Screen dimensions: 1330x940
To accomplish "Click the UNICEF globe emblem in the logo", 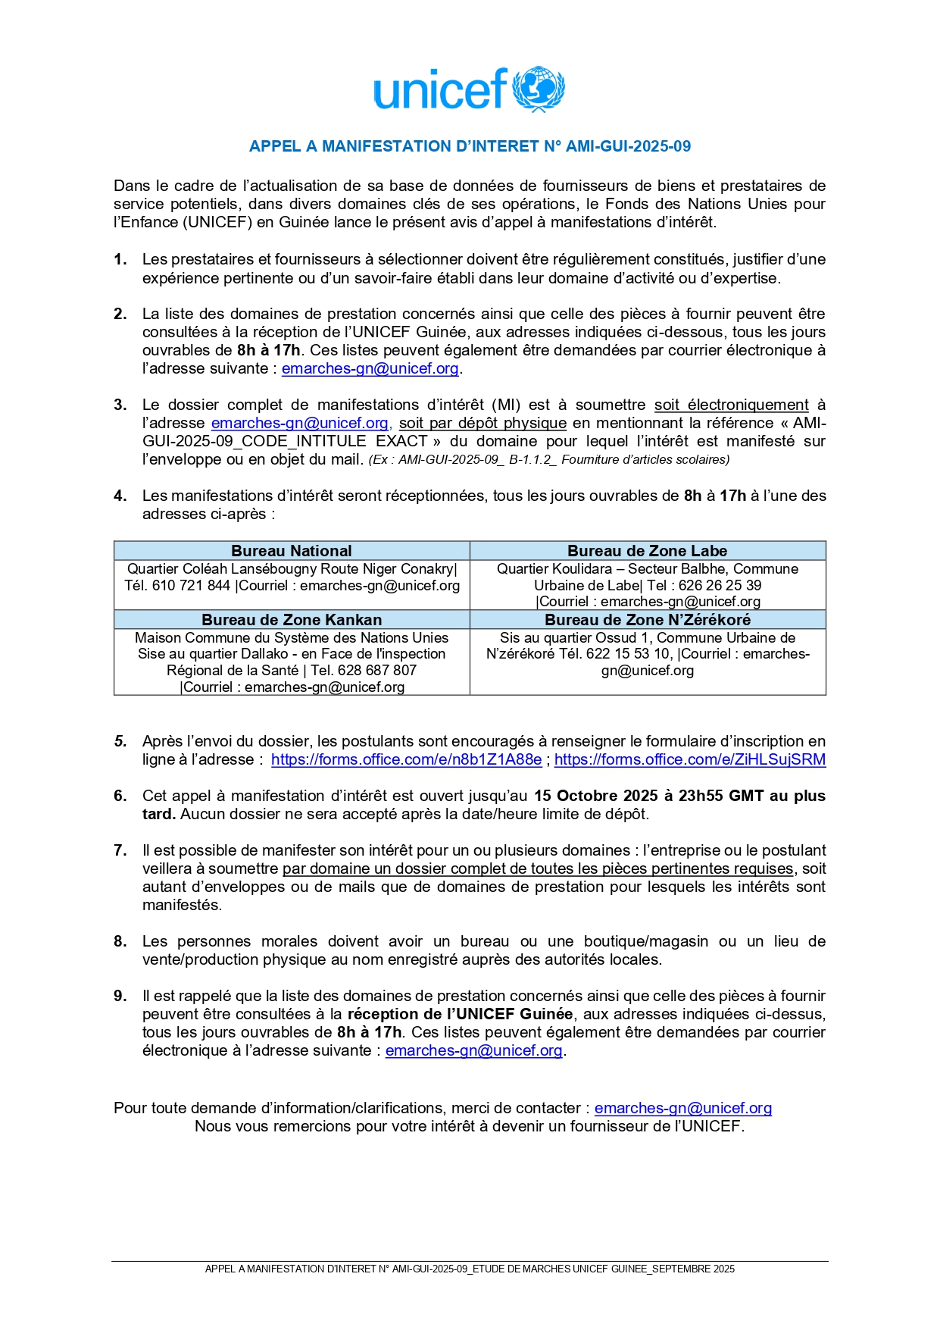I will coord(539,89).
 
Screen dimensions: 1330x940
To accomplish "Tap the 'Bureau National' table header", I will coord(292,551).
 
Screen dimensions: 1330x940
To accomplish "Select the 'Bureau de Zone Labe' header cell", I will coord(647,551).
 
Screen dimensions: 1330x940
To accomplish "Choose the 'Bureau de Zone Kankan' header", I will coord(292,620).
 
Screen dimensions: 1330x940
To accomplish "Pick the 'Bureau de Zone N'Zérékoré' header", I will coord(647,620).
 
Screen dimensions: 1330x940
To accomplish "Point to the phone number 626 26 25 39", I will coord(720,586).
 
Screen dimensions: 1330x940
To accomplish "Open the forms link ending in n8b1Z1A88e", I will coord(406,760).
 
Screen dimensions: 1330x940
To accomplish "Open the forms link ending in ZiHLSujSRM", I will coord(689,760).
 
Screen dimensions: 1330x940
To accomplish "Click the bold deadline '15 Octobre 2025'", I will coord(595,796).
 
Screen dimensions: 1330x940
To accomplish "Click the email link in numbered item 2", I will coord(370,369).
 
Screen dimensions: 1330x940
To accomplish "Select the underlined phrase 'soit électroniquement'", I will coord(731,405).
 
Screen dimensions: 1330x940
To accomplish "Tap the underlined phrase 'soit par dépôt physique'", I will coord(482,424).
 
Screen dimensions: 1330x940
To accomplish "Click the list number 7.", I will coord(120,851).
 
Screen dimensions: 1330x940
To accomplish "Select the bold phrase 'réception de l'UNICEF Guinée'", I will coord(460,1015).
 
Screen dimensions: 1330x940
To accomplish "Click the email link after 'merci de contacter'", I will coord(682,1109).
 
